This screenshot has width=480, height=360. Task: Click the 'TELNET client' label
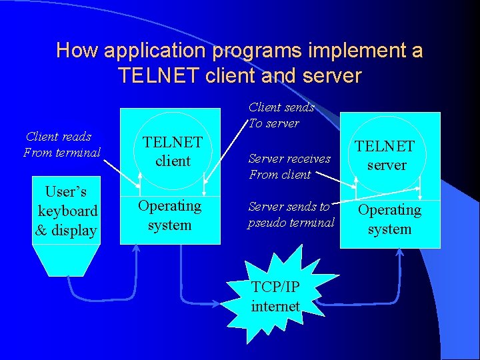point(173,151)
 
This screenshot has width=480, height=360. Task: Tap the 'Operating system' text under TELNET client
point(169,215)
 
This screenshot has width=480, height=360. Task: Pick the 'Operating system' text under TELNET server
point(389,219)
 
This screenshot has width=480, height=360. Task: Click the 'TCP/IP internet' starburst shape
point(275,296)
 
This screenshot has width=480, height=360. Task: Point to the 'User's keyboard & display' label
point(67,211)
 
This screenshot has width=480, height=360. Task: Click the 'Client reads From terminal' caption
point(61,145)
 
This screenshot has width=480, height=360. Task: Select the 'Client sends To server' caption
point(280,115)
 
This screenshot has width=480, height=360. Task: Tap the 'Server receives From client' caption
point(289,167)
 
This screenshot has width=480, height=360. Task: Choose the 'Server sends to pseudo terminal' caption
point(291,215)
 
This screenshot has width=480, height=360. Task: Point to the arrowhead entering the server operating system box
point(401,253)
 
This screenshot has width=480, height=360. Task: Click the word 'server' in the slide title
point(331,75)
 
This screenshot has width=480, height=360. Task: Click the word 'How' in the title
point(73,51)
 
